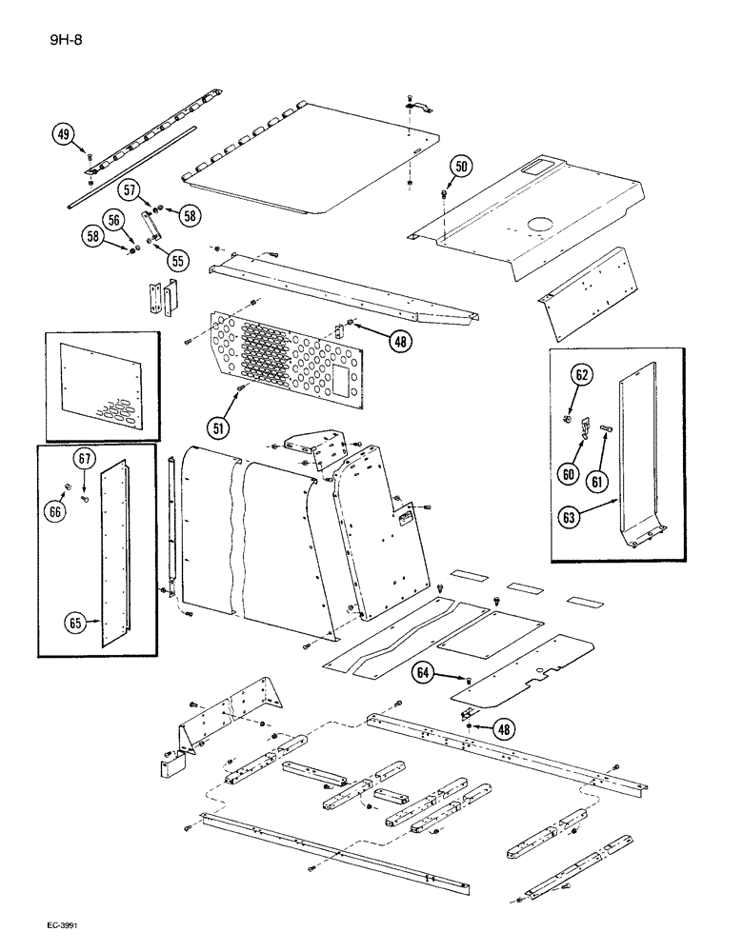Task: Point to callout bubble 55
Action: click(x=175, y=260)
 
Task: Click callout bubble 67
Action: click(x=86, y=460)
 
